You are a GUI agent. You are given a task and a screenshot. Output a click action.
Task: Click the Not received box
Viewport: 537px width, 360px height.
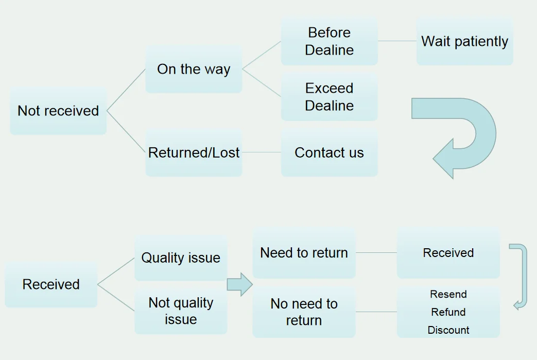pos(58,111)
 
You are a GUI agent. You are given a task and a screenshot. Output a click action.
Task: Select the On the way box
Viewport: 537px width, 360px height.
pos(194,69)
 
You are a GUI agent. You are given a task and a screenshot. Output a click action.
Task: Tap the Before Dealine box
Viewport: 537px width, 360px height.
pos(329,41)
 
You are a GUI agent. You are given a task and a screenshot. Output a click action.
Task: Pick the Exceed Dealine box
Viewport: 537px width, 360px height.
pos(329,97)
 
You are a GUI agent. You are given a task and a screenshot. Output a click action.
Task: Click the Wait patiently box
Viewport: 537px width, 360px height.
pos(465,41)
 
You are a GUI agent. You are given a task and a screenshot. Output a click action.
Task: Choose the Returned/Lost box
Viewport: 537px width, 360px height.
pos(194,152)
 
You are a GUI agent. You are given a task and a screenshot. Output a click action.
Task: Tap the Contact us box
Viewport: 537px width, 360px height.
pos(329,152)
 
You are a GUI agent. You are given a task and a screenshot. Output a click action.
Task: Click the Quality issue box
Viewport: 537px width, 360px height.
pos(181,258)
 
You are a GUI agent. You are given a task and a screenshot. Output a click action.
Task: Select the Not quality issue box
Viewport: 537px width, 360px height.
pos(181,311)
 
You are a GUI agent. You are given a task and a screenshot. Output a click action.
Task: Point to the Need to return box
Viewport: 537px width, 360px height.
pos(304,253)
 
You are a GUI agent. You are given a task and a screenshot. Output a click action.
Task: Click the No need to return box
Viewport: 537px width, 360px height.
pos(304,312)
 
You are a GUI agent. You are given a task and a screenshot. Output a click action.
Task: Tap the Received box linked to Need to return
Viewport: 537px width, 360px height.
pos(448,253)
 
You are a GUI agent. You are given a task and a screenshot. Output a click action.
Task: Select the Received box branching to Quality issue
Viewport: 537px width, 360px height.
pos(51,284)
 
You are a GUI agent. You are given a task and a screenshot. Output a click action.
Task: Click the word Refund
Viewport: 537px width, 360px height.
pos(448,312)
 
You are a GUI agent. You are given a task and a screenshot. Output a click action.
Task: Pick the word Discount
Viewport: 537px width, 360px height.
pos(448,330)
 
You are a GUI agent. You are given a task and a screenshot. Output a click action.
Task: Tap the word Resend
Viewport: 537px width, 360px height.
pos(448,294)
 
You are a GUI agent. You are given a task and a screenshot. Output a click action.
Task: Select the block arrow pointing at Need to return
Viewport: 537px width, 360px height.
pos(240,284)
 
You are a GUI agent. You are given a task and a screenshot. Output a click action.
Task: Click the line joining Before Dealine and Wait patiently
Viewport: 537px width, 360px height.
pos(397,41)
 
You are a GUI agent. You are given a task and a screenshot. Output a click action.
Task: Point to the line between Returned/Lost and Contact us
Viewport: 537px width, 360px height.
pos(262,152)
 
